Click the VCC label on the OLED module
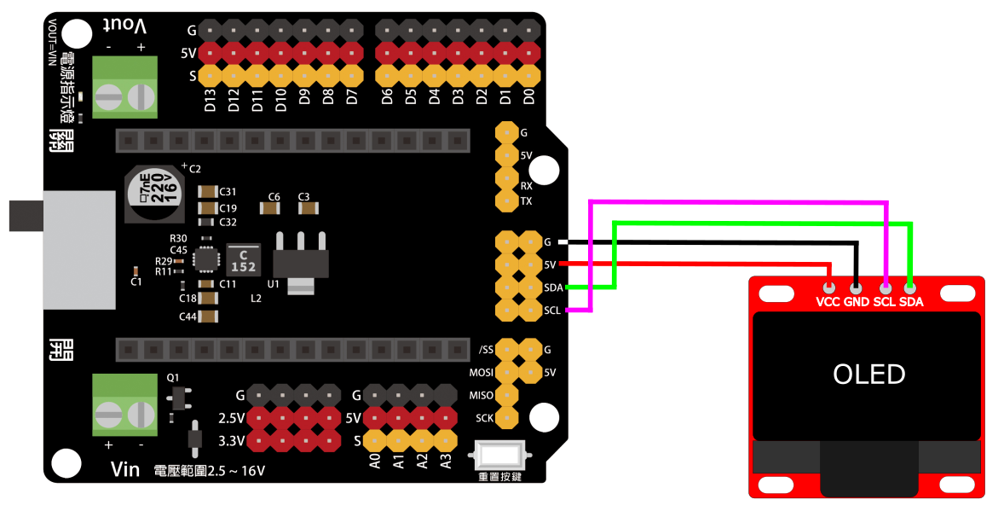pyautogui.click(x=828, y=302)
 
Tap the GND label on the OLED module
pyautogui.click(x=856, y=302)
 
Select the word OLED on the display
pyautogui.click(x=868, y=374)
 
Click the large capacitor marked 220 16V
pyautogui.click(x=154, y=190)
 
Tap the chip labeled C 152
pyautogui.click(x=244, y=260)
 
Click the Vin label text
pyautogui.click(x=125, y=469)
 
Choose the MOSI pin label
pyautogui.click(x=482, y=373)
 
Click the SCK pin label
pyautogui.click(x=484, y=418)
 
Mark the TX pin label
pyautogui.click(x=527, y=202)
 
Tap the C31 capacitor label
pyautogui.click(x=228, y=191)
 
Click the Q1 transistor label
pyautogui.click(x=173, y=376)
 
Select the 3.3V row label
pyautogui.click(x=232, y=441)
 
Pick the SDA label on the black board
pyautogui.click(x=553, y=288)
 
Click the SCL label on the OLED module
pyautogui.click(x=885, y=302)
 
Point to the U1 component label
pyautogui.click(x=273, y=282)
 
